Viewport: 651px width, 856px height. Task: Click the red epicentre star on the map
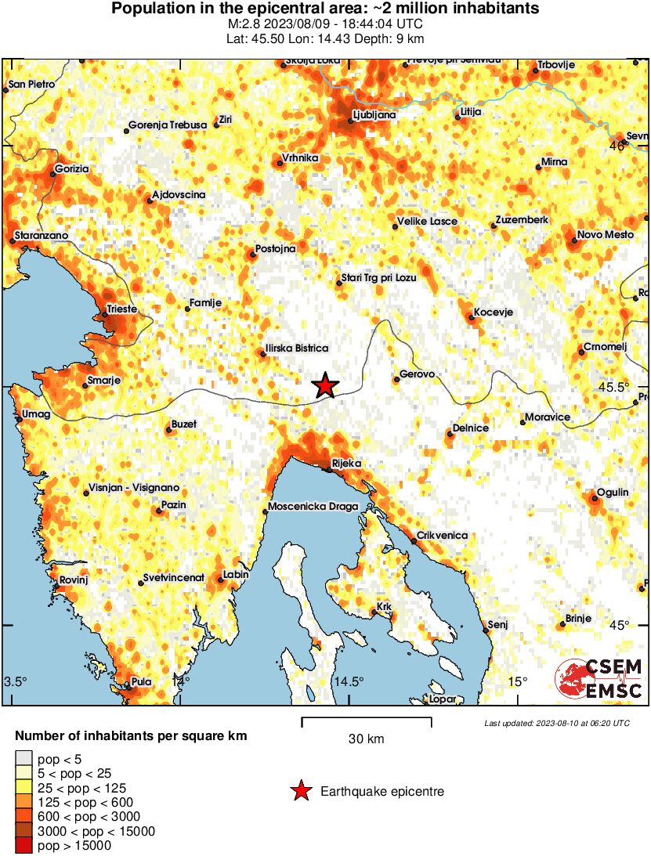[x=325, y=385]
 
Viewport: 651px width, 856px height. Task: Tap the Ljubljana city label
[x=374, y=114]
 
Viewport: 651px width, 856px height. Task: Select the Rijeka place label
[x=346, y=464]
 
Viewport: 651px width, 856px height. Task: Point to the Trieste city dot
[x=104, y=316]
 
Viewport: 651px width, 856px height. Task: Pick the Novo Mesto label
[x=605, y=235]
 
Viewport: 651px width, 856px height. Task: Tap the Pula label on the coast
[x=141, y=681]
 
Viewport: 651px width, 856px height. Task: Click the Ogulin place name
[x=612, y=492]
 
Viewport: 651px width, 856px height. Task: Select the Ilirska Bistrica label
[x=297, y=348]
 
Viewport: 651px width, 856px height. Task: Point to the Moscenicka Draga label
[x=313, y=507]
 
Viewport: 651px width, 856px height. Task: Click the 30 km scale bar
[x=366, y=721]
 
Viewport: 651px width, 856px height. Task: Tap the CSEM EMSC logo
[x=599, y=679]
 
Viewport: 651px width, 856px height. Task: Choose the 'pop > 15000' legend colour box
[x=24, y=845]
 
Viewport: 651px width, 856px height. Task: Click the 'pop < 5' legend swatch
[x=24, y=758]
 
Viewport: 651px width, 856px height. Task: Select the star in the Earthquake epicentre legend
[x=300, y=792]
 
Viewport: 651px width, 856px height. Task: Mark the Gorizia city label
[x=73, y=168]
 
